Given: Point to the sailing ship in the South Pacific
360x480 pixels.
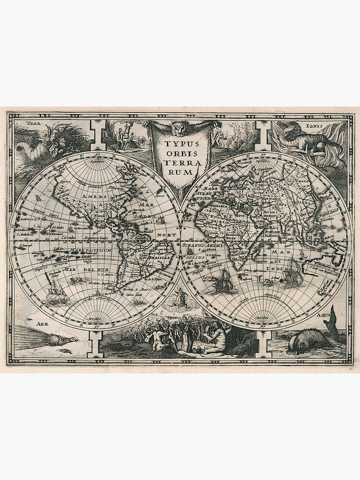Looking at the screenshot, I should (x=55, y=293).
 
